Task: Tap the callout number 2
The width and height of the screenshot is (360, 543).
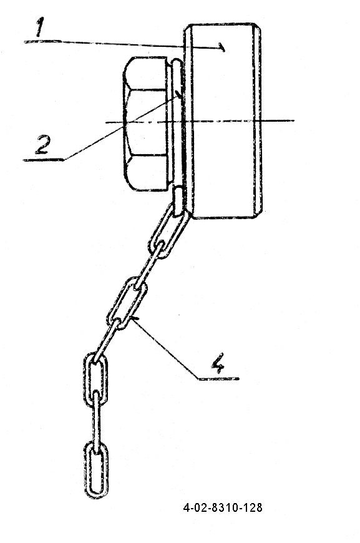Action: point(43,145)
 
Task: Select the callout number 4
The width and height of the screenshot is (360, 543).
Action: point(218,363)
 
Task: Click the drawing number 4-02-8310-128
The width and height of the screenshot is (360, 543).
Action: point(223,507)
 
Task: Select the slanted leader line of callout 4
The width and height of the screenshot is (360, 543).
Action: point(165,348)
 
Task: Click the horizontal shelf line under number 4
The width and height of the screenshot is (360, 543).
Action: point(219,379)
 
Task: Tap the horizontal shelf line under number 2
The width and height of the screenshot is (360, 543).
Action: point(44,160)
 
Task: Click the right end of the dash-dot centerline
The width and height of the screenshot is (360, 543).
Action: point(294,120)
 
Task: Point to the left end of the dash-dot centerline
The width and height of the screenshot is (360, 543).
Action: point(106,122)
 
